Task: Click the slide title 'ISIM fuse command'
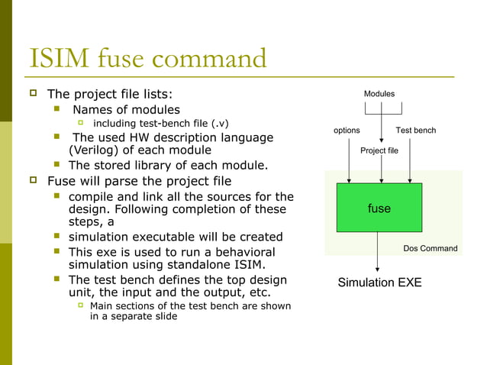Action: click(x=147, y=59)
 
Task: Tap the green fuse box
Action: click(x=379, y=207)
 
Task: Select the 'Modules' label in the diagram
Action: click(x=379, y=94)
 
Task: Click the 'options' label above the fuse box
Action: click(x=347, y=131)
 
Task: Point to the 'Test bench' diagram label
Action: click(x=415, y=131)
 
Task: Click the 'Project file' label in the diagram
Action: click(x=379, y=150)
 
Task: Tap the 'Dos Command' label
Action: click(x=430, y=248)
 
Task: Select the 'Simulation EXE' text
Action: click(x=379, y=283)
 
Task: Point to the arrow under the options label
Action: click(x=349, y=160)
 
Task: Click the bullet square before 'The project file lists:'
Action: click(x=34, y=93)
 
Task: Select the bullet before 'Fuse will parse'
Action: click(x=34, y=181)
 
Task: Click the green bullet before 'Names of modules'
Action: click(x=56, y=109)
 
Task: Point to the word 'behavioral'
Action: click(x=240, y=251)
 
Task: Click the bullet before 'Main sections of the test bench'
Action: click(x=80, y=305)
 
